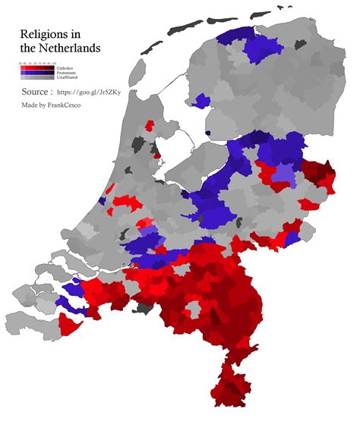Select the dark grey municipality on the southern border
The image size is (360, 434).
(x=142, y=309)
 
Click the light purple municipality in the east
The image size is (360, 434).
(x=283, y=177)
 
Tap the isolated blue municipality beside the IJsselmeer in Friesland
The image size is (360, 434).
(x=201, y=101)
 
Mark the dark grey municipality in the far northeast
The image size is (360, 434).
(x=301, y=45)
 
